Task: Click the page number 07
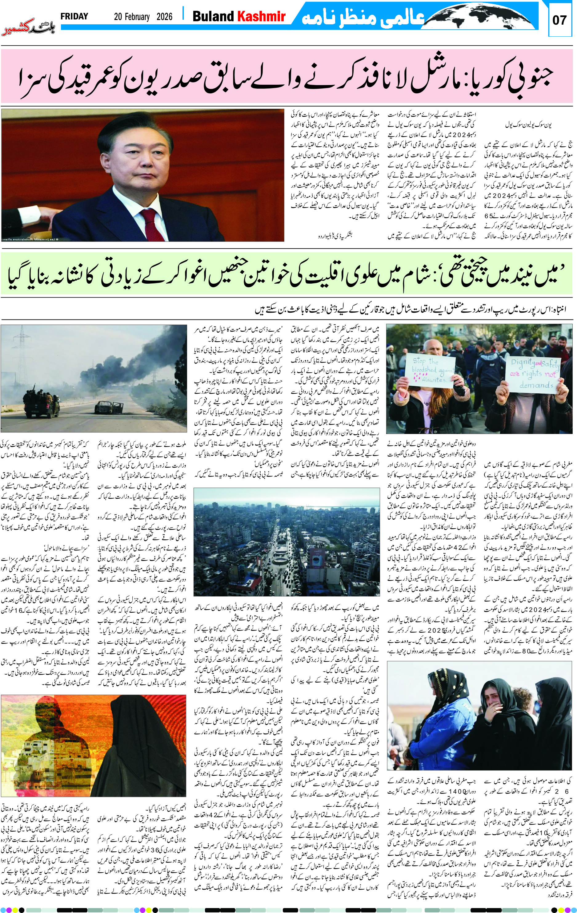(x=559, y=20)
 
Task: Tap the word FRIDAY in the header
(x=74, y=16)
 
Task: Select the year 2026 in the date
(x=164, y=17)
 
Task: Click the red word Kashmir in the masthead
(x=261, y=16)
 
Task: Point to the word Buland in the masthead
(x=213, y=16)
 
